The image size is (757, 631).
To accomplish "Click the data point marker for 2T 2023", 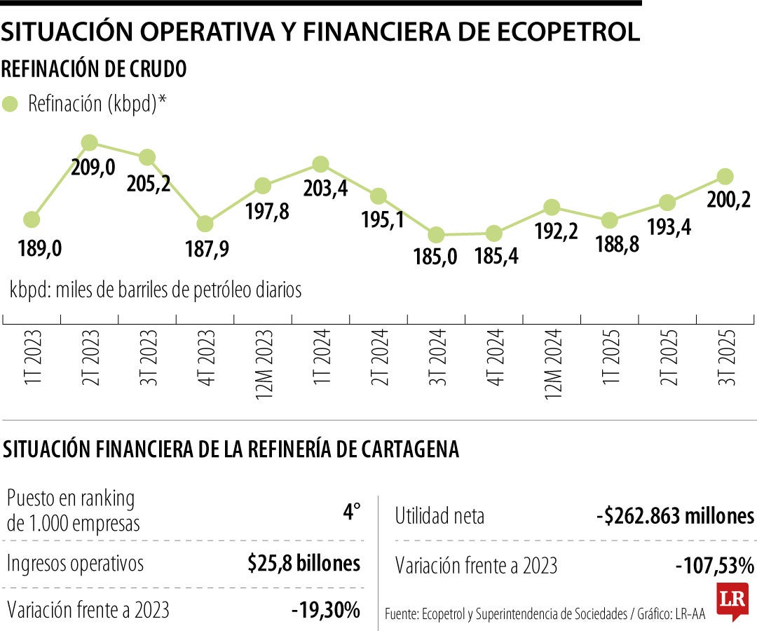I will [x=89, y=143].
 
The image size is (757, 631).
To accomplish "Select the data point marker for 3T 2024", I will [x=436, y=234].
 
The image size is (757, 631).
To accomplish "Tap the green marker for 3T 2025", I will [x=725, y=176].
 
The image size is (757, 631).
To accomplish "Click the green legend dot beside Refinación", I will [x=11, y=104].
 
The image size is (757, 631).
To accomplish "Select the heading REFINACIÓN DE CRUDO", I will [x=95, y=69].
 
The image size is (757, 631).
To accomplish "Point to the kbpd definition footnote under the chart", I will [x=156, y=290].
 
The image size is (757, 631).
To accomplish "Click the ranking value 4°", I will [x=351, y=513].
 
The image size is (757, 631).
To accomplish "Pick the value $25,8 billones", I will [x=304, y=563].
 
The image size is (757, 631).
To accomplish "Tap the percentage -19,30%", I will [x=326, y=610].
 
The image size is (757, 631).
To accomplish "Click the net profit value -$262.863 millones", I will [x=675, y=517].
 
